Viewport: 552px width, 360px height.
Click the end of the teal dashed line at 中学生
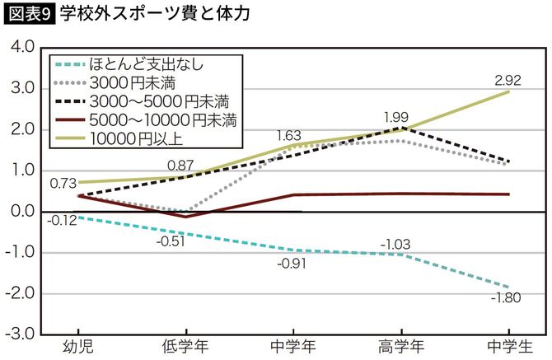508,286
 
